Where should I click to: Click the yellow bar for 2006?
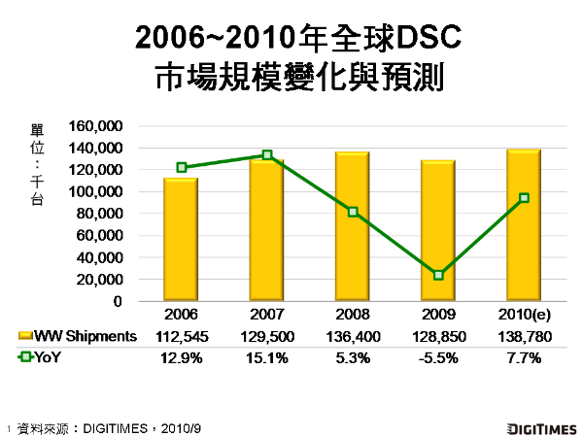180,240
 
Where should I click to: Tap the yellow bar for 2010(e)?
524,225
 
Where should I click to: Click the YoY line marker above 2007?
267,155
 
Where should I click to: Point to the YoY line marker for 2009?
439,275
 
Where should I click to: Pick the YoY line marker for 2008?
353,212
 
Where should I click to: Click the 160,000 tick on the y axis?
96,126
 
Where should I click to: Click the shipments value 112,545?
181,336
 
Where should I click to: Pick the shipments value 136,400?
353,336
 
